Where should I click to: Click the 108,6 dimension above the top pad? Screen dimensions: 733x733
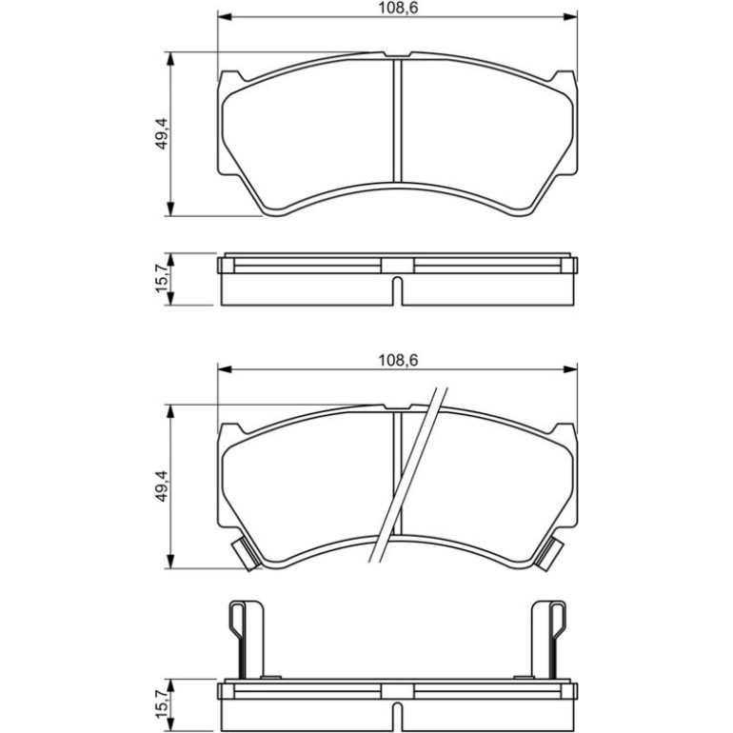coord(398,8)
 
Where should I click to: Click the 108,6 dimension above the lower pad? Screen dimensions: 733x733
coord(398,360)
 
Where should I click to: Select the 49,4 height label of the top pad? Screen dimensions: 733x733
coord(162,133)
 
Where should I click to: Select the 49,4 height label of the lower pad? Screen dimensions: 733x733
coord(162,486)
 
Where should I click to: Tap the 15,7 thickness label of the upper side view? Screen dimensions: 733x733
coord(162,280)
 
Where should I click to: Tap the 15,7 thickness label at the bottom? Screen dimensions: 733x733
coord(162,705)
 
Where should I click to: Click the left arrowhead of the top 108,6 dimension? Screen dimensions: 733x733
coord(225,17)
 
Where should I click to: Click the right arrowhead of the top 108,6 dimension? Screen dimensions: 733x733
coord(570,17)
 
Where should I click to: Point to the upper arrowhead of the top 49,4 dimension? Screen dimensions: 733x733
coord(171,59)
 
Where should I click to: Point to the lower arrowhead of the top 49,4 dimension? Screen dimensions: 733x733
coord(171,209)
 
